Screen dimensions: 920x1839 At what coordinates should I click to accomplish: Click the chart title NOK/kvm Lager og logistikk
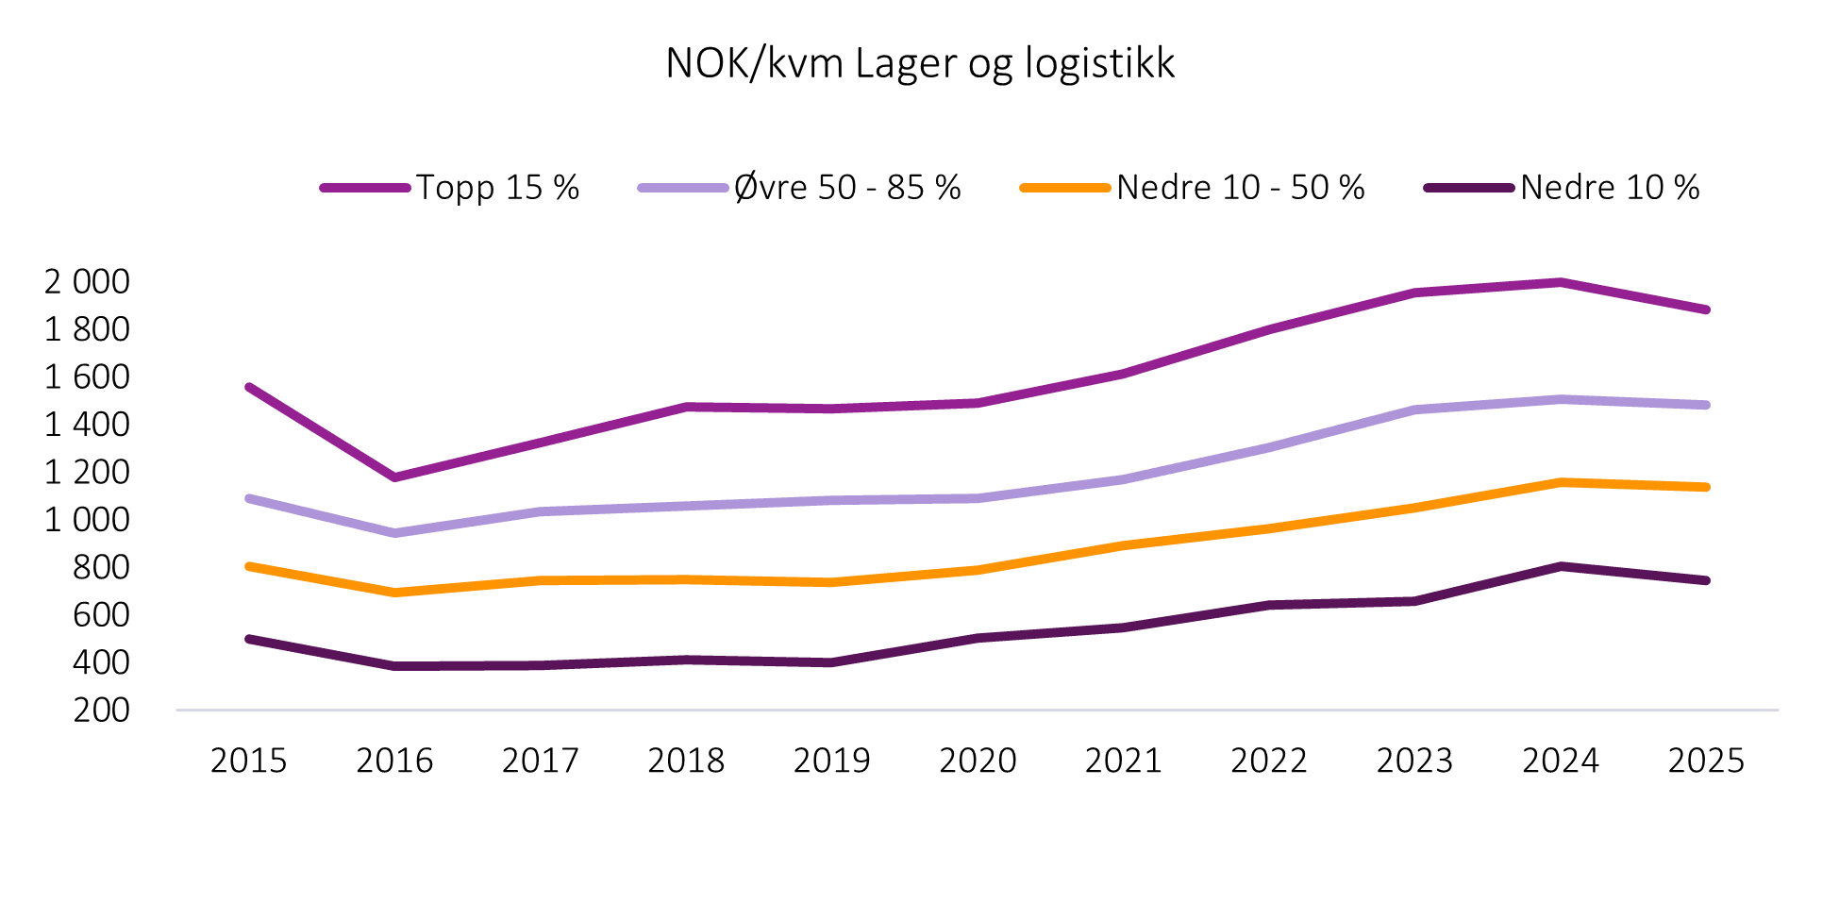point(920,64)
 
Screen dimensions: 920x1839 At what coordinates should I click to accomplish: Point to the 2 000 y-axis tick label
point(87,281)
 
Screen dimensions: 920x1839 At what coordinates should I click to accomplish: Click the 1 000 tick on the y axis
point(87,519)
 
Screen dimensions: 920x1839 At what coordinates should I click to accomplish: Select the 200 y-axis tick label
point(102,710)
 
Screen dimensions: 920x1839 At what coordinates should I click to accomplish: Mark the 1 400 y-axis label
point(87,425)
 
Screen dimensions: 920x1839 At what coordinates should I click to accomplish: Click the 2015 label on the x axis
point(248,761)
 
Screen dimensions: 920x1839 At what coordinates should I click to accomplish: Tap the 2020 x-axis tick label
point(978,761)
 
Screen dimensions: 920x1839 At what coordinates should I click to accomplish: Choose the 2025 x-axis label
point(1706,761)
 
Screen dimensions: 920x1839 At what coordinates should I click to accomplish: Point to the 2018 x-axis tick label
point(686,761)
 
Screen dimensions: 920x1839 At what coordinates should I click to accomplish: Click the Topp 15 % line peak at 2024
point(1561,282)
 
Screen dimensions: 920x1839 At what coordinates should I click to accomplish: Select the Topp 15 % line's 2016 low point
point(394,477)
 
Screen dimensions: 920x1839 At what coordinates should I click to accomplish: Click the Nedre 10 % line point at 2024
point(1561,566)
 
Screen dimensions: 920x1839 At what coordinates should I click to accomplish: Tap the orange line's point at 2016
point(394,593)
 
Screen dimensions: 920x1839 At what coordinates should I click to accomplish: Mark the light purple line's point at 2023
point(1415,410)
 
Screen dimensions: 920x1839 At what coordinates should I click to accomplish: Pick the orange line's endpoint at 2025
point(1706,487)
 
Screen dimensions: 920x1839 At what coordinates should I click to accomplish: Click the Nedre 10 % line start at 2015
point(249,639)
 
